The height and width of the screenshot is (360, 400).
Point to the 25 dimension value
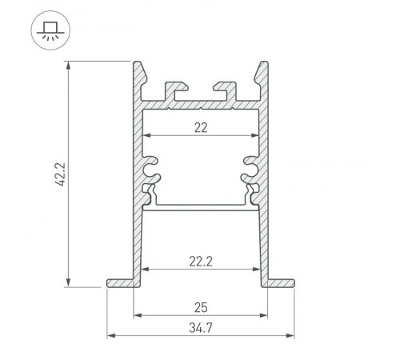201,305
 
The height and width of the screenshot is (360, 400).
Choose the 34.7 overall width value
201,326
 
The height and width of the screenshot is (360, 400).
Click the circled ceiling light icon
50,32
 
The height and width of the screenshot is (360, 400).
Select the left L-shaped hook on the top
176,88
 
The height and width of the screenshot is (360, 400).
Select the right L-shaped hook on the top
226,88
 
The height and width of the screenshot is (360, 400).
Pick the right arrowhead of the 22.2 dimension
256,268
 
